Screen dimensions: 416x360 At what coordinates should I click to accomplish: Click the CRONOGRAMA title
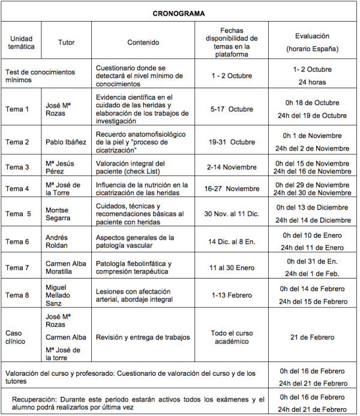pos(178,13)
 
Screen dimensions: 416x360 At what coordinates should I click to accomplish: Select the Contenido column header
pos(143,43)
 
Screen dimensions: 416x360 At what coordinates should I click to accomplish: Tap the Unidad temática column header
pos(22,43)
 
